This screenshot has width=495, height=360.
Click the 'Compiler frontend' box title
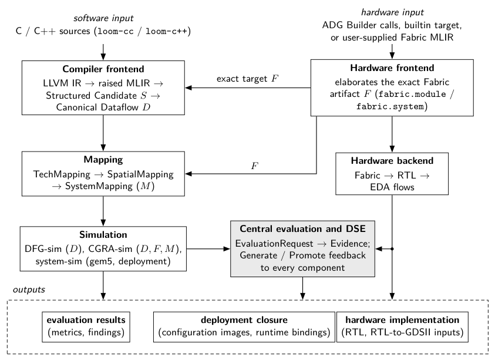point(103,69)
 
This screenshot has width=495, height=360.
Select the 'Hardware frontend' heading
point(392,68)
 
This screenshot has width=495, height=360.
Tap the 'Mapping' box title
point(103,160)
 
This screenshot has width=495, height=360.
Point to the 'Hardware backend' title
point(392,161)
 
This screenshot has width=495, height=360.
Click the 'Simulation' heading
point(103,235)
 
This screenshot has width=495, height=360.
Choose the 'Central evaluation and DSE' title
point(302,228)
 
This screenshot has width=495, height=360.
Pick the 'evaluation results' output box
point(86,327)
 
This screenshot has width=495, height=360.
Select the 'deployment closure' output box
point(244,327)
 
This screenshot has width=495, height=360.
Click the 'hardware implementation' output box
point(402,327)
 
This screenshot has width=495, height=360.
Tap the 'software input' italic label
point(103,18)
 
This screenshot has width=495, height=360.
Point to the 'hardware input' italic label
point(392,12)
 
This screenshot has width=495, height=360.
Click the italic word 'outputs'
point(29,290)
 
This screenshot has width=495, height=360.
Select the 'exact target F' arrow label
point(248,79)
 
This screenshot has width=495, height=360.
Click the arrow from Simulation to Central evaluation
point(208,249)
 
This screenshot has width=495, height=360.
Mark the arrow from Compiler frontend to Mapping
point(103,133)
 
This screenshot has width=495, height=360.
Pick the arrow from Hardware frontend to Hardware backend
point(392,134)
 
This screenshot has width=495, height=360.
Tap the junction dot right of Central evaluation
point(392,249)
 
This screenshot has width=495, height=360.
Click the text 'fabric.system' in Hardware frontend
point(390,107)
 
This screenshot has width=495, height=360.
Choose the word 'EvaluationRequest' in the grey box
point(274,244)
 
